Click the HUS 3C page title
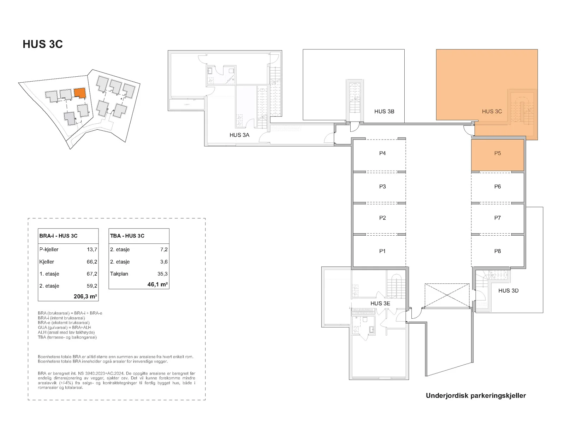click(43, 44)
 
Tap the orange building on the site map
click(79, 93)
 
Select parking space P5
click(497, 155)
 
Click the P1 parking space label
click(382, 251)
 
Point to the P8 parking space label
click(497, 251)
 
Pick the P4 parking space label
click(382, 153)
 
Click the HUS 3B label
click(384, 111)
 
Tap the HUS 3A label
click(239, 135)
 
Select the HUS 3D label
click(508, 291)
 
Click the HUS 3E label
click(380, 304)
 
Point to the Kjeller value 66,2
click(92, 262)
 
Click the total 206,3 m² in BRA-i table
click(85, 296)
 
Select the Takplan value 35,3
click(162, 274)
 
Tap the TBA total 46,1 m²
click(157, 284)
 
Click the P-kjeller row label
click(49, 249)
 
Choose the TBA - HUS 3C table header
click(127, 236)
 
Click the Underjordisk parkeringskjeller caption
click(476, 396)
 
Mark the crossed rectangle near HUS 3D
click(447, 295)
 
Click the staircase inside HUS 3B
click(355, 98)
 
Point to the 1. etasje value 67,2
click(92, 274)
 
